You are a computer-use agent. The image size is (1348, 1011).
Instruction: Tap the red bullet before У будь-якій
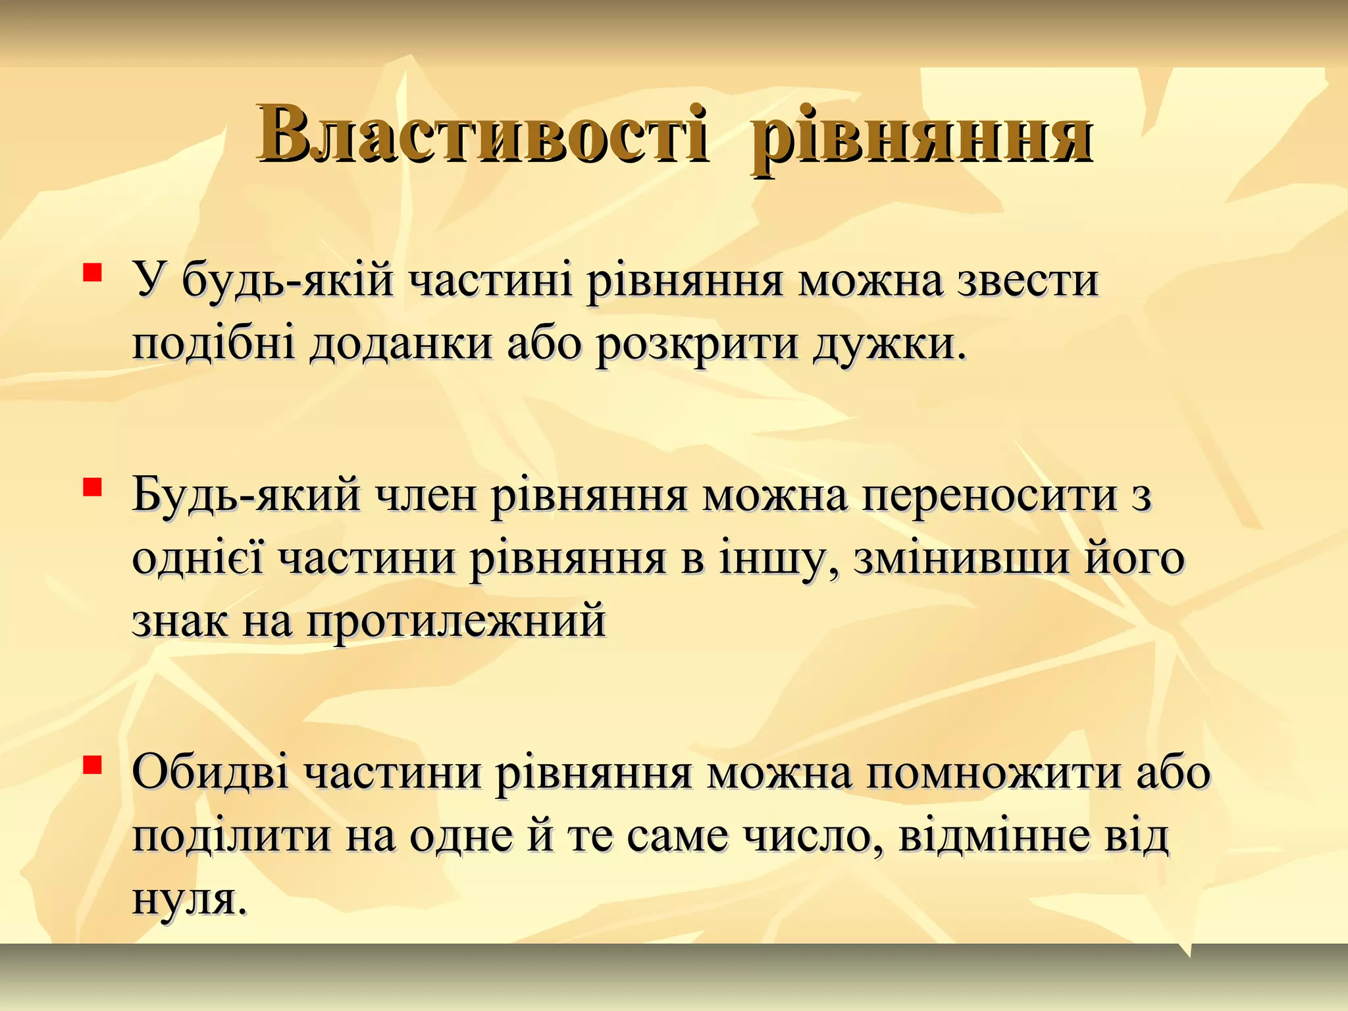point(91,272)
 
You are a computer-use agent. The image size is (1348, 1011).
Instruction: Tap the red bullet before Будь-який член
point(91,488)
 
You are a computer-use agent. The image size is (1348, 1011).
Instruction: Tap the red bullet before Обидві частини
point(91,765)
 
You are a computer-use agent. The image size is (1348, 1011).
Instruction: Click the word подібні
point(214,345)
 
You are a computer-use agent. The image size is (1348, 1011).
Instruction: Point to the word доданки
point(401,345)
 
